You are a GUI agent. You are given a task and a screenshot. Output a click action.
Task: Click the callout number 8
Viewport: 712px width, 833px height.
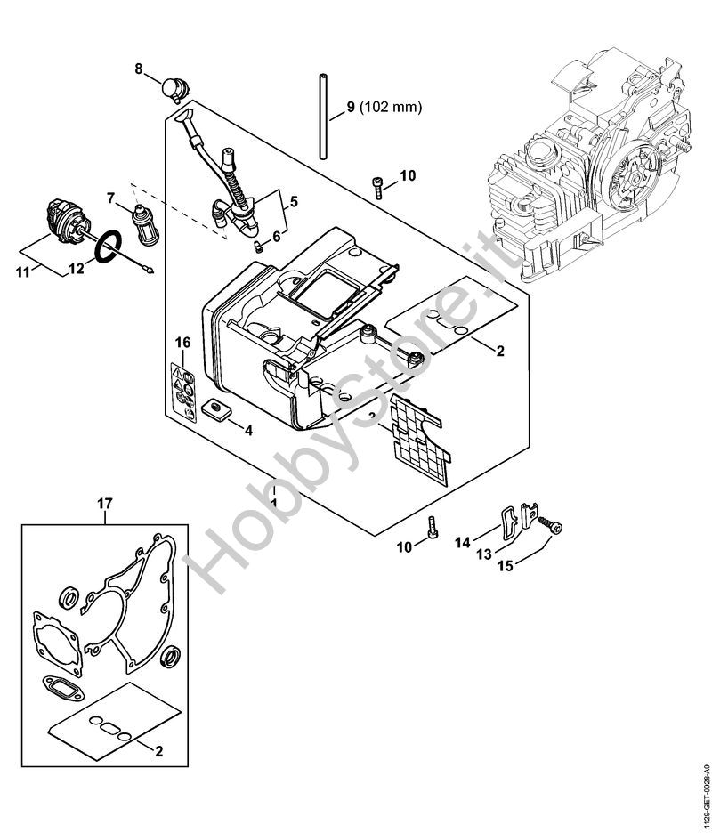(x=139, y=69)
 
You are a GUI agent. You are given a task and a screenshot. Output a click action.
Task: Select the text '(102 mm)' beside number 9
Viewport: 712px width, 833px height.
(x=391, y=108)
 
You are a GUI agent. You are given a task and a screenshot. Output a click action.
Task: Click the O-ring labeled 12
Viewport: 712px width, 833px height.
(x=109, y=246)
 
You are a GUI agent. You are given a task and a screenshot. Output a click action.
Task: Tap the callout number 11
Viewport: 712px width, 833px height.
(x=22, y=273)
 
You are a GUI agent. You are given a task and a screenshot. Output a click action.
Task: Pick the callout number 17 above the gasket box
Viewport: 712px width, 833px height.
(x=105, y=503)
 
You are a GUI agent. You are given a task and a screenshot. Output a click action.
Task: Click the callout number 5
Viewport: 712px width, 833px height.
(x=294, y=202)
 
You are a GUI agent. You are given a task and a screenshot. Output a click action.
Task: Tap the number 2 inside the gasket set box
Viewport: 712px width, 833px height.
(x=159, y=751)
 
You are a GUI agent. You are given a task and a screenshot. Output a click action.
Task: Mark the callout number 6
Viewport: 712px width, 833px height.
(x=276, y=237)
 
